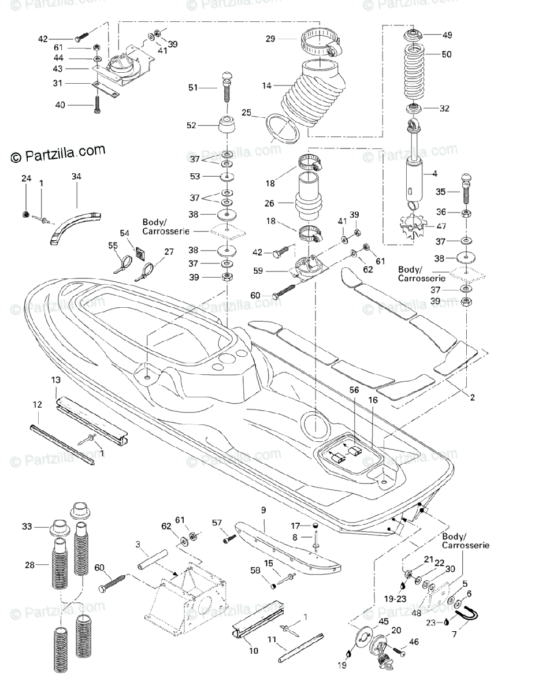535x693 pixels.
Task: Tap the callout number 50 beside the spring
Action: (446, 54)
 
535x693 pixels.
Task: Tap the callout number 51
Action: (193, 87)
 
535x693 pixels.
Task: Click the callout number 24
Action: (26, 179)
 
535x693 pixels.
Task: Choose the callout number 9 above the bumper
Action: (263, 511)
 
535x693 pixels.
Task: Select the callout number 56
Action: (354, 390)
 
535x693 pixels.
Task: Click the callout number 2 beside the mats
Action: (472, 397)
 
